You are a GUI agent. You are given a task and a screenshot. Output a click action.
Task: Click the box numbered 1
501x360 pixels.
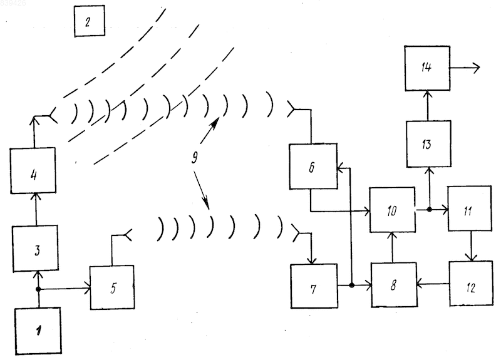(38, 331)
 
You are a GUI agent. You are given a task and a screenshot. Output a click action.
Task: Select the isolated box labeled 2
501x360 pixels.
(90, 21)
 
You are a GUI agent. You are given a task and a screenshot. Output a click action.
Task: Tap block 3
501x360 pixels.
(36, 249)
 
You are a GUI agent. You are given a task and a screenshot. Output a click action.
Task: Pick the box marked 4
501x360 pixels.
(33, 170)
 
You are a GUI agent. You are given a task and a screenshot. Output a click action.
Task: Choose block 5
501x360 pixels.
(112, 287)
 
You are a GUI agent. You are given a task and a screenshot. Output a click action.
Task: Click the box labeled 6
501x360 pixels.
(313, 167)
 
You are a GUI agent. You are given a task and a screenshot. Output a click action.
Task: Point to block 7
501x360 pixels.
(314, 286)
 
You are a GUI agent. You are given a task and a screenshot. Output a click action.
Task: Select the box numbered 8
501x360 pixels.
(394, 285)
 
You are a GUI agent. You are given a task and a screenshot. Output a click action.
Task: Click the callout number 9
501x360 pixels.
(195, 157)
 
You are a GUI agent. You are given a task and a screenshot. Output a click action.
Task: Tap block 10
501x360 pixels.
(393, 210)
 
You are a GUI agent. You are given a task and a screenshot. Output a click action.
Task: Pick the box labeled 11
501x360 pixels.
(470, 208)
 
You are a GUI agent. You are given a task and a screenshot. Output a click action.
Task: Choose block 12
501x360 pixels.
(471, 284)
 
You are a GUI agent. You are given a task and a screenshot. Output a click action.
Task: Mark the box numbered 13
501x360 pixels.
(429, 144)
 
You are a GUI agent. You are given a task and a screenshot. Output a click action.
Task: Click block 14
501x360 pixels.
(427, 68)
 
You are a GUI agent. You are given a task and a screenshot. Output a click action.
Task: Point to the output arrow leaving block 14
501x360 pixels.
(465, 68)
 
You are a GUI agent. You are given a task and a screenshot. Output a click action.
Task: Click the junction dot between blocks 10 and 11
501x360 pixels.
(430, 210)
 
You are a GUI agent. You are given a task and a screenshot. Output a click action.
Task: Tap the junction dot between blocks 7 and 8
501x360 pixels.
(352, 285)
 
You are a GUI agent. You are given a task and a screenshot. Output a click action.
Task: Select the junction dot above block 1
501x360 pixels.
(38, 289)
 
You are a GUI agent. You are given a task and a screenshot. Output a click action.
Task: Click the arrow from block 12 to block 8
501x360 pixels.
(433, 284)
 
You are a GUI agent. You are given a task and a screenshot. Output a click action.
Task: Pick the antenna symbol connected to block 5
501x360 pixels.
(127, 235)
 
